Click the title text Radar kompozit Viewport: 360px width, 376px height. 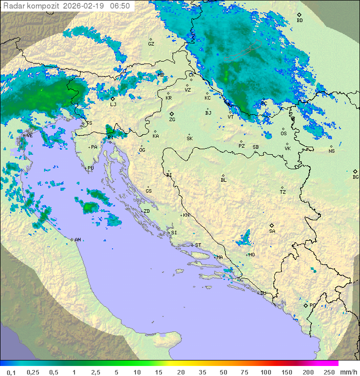click(31, 6)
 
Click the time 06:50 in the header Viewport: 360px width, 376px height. click(120, 6)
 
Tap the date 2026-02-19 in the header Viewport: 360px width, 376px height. click(85, 6)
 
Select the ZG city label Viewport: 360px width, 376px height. click(172, 120)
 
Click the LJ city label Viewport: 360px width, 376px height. click(113, 105)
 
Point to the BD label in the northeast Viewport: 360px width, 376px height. click(299, 21)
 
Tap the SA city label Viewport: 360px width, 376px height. click(272, 231)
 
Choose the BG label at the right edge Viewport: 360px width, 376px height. click(355, 177)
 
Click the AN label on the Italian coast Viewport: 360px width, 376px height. click(77, 240)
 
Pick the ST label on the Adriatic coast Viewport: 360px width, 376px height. click(198, 245)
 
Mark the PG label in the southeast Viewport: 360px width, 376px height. click(312, 305)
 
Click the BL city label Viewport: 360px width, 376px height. click(223, 180)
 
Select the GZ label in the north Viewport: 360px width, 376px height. click(151, 44)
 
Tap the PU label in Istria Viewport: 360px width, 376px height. click(90, 168)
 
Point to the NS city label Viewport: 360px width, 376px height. click(331, 151)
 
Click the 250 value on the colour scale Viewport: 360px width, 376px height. click(329, 372)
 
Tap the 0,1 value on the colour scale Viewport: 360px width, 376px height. click(11, 372)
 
